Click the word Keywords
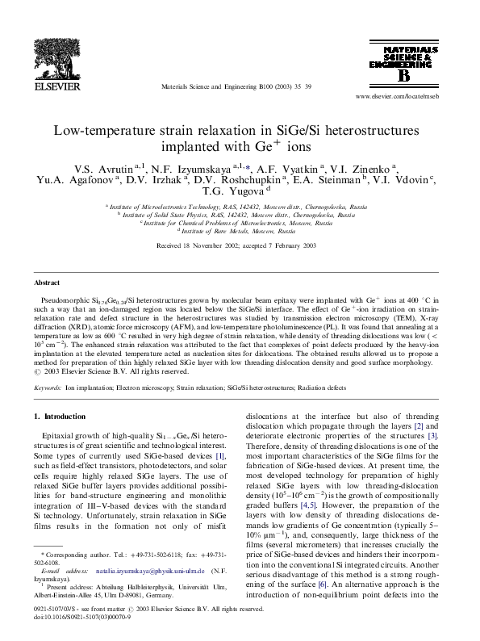(47, 388)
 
